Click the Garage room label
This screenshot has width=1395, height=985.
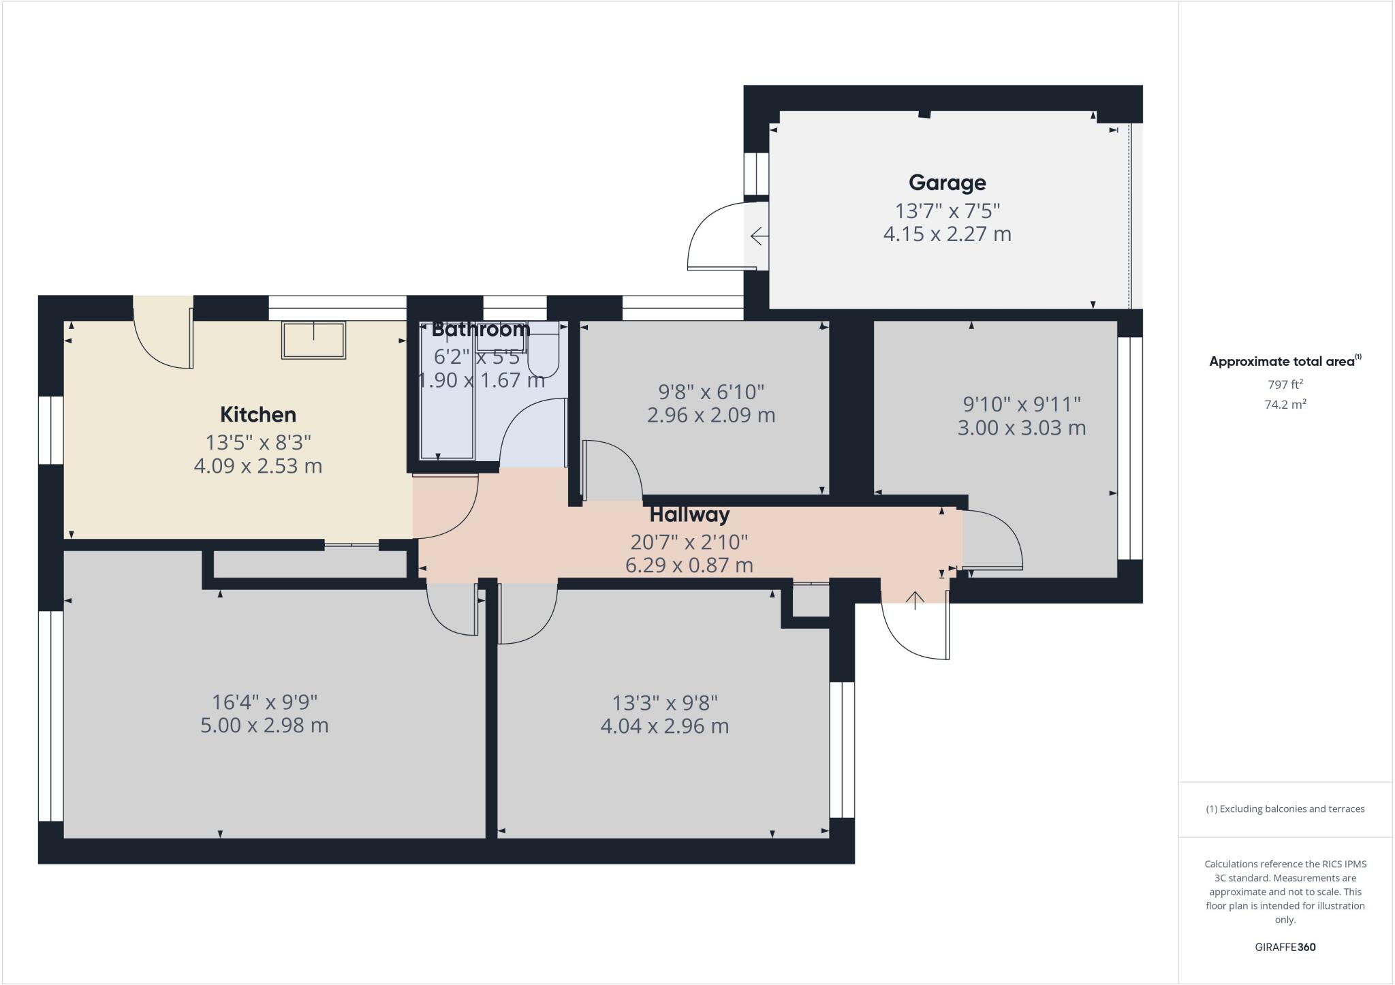tap(947, 183)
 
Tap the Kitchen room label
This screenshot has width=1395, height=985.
tap(257, 414)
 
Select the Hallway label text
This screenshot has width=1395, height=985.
tap(689, 514)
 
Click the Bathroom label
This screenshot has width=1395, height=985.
tap(481, 329)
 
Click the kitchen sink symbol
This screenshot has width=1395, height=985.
tap(313, 340)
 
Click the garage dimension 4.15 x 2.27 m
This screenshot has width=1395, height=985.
tap(947, 234)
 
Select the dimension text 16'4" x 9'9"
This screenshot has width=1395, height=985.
tap(264, 702)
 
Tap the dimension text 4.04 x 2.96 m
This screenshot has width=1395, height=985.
tap(664, 726)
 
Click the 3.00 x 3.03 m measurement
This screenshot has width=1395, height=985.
tap(1021, 428)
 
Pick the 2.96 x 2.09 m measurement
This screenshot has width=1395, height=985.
tap(710, 415)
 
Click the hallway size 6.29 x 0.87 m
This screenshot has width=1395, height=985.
tap(689, 565)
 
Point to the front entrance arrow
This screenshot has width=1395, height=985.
tap(915, 599)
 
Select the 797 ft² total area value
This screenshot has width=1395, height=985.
tap(1285, 384)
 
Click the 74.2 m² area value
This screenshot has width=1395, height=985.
tap(1285, 405)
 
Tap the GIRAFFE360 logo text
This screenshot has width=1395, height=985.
tap(1285, 947)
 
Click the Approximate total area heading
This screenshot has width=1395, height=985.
tap(1282, 362)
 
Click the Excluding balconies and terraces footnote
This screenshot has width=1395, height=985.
tap(1285, 809)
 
